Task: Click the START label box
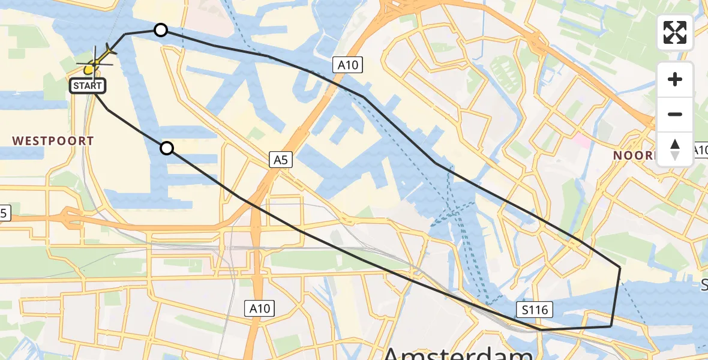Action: tap(88, 86)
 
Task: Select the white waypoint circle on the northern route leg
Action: tap(160, 29)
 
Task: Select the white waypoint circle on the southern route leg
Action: tap(167, 148)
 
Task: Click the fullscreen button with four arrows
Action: tap(675, 32)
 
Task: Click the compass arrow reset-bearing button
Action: tap(675, 149)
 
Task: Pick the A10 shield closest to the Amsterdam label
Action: tap(260, 308)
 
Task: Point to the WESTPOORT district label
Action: tap(53, 141)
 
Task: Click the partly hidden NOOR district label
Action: tap(634, 155)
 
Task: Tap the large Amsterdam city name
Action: tap(458, 352)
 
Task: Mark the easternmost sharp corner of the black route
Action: tap(620, 266)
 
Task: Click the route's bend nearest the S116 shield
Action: tap(541, 329)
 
